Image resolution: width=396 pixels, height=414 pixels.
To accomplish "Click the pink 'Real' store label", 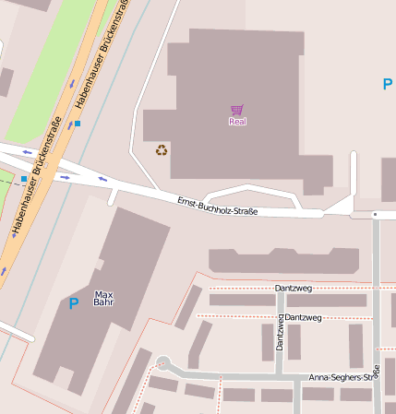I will point(237,121).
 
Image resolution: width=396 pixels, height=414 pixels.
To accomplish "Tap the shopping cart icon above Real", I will point(237,110).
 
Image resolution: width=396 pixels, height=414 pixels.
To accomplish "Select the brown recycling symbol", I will point(162,149).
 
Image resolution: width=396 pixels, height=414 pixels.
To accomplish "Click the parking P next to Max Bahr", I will point(74,302).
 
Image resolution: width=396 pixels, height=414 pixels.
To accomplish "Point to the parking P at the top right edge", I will point(387,85).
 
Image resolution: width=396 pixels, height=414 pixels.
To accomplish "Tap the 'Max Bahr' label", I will point(103,298).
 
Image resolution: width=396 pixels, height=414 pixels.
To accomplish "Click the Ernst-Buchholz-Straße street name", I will point(217,206).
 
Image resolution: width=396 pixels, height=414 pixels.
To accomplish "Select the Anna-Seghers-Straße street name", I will point(344,377).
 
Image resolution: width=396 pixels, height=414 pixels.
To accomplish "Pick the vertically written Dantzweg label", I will point(280,333).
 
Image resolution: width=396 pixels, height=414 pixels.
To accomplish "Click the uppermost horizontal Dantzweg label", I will point(294,289).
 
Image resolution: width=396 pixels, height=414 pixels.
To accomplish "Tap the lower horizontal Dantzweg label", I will point(303,317).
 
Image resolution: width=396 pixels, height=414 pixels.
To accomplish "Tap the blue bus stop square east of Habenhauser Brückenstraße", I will point(78,123).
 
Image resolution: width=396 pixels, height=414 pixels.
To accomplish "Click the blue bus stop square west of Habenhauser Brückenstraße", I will point(24,178).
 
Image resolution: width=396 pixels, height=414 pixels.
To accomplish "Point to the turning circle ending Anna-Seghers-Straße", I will point(163,363).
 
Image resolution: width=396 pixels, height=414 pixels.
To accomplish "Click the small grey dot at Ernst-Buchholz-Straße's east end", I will point(375,214).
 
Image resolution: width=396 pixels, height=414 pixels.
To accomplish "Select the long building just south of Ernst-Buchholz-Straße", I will point(282,261).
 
